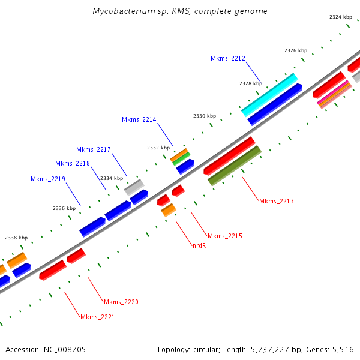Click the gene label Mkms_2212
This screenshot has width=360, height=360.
click(228, 58)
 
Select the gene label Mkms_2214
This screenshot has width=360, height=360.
click(139, 119)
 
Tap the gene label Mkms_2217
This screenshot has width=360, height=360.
click(94, 149)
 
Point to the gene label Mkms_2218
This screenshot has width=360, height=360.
click(73, 163)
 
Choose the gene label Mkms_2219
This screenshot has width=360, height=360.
click(48, 179)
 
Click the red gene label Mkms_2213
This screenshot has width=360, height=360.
click(277, 201)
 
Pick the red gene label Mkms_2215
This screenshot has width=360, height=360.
click(225, 236)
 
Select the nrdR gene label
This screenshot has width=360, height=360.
click(199, 245)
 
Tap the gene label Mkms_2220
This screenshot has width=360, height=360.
click(121, 302)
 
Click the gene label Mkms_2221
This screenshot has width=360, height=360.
click(97, 317)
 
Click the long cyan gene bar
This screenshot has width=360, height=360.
click(269, 95)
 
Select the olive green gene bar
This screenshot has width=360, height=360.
click(234, 165)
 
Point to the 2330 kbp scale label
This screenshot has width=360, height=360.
click(204, 115)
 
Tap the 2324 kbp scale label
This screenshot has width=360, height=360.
click(340, 17)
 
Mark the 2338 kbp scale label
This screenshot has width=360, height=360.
click(16, 238)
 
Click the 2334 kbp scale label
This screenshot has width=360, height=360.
click(111, 178)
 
